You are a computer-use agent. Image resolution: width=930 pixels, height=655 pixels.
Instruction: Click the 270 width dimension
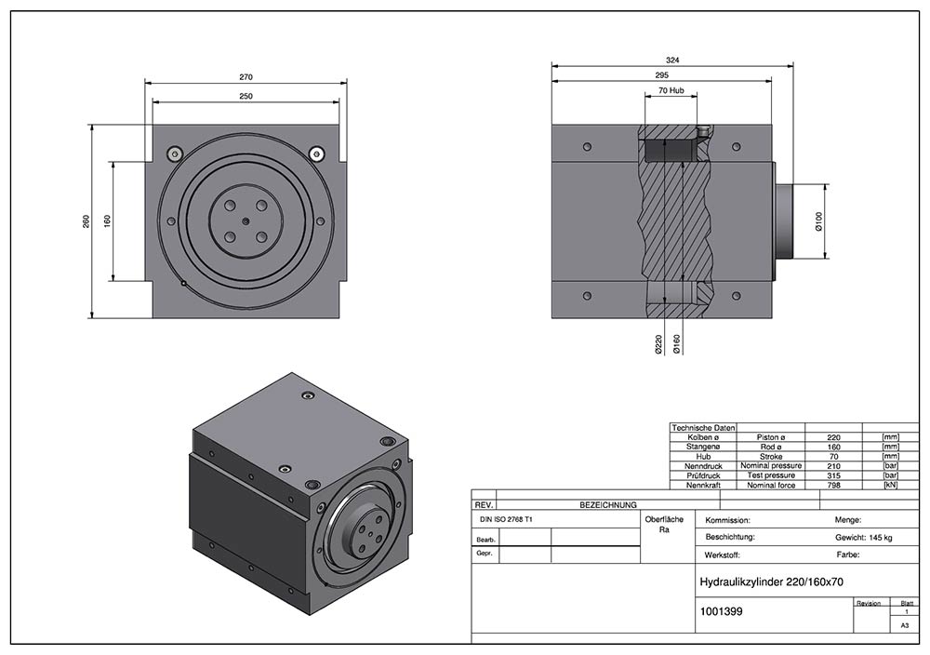246,77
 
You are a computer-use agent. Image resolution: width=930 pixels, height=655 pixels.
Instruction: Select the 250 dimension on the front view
246,96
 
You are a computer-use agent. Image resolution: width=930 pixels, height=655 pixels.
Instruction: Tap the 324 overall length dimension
672,60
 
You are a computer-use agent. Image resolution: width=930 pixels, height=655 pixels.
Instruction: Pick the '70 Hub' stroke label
671,91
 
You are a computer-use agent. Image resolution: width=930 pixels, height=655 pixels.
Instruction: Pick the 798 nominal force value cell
834,486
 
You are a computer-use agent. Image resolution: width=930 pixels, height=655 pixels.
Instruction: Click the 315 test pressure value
834,475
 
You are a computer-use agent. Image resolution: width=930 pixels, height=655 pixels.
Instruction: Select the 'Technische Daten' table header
703,427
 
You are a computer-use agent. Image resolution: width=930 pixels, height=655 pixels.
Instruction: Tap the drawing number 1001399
720,612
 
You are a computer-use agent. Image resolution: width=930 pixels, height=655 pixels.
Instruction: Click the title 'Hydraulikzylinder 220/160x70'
771,581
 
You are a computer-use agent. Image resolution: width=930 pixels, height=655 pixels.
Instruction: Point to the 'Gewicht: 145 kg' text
863,538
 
